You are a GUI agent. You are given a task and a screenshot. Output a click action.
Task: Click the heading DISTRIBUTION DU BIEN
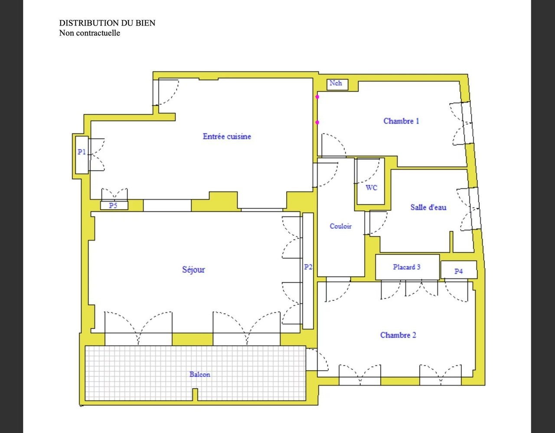[107, 23]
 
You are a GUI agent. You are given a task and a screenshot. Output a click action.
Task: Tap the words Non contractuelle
[90, 33]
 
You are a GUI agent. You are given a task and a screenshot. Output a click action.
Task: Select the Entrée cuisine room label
[227, 136]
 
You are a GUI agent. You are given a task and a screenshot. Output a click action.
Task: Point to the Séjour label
[193, 269]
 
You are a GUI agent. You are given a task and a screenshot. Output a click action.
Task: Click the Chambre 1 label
[401, 121]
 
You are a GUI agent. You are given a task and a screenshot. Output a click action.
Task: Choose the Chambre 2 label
[398, 335]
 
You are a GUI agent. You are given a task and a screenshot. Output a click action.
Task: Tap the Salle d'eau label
[428, 207]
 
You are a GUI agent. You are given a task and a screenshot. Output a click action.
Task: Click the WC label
[371, 187]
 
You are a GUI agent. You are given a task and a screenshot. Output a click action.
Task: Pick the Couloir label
[340, 226]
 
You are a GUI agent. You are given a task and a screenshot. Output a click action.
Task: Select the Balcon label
[200, 375]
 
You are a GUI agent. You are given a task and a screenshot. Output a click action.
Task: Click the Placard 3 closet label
[407, 267]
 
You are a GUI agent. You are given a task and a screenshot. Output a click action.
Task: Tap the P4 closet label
[458, 271]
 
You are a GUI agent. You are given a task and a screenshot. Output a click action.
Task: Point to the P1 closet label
[82, 152]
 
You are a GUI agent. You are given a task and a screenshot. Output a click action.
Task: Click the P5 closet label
[113, 205]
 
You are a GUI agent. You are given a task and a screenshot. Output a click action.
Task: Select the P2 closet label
[308, 267]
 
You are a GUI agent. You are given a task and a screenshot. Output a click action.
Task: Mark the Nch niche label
[336, 83]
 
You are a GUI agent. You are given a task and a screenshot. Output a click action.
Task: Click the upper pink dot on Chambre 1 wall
[317, 97]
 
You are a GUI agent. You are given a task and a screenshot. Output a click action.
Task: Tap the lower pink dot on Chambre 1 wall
[317, 123]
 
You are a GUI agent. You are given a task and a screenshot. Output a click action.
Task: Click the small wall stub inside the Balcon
[195, 394]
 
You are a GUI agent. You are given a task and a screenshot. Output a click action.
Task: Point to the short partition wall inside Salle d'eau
[451, 242]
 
